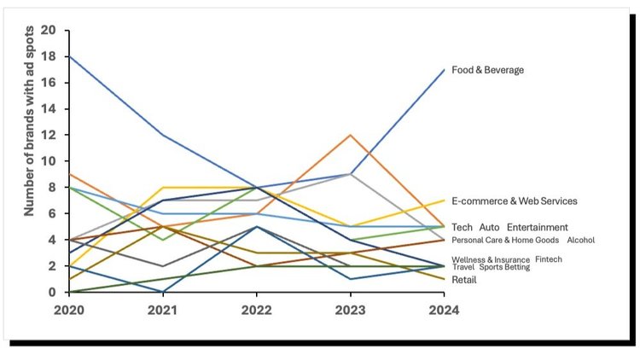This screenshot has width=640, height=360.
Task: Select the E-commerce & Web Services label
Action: point(515,201)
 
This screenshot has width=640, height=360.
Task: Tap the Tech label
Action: point(462,228)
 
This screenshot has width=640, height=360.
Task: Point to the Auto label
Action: point(489,228)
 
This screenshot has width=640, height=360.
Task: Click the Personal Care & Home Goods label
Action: point(505,241)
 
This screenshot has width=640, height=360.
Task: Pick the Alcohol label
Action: point(580,241)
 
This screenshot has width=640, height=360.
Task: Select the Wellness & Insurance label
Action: point(491,259)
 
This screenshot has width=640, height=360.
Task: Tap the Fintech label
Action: point(549,259)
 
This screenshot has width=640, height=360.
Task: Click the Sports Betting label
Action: point(504,267)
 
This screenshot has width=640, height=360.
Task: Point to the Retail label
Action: point(463,280)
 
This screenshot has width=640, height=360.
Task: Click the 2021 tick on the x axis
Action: point(164,311)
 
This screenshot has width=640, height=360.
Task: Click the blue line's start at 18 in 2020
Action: point(71,56)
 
